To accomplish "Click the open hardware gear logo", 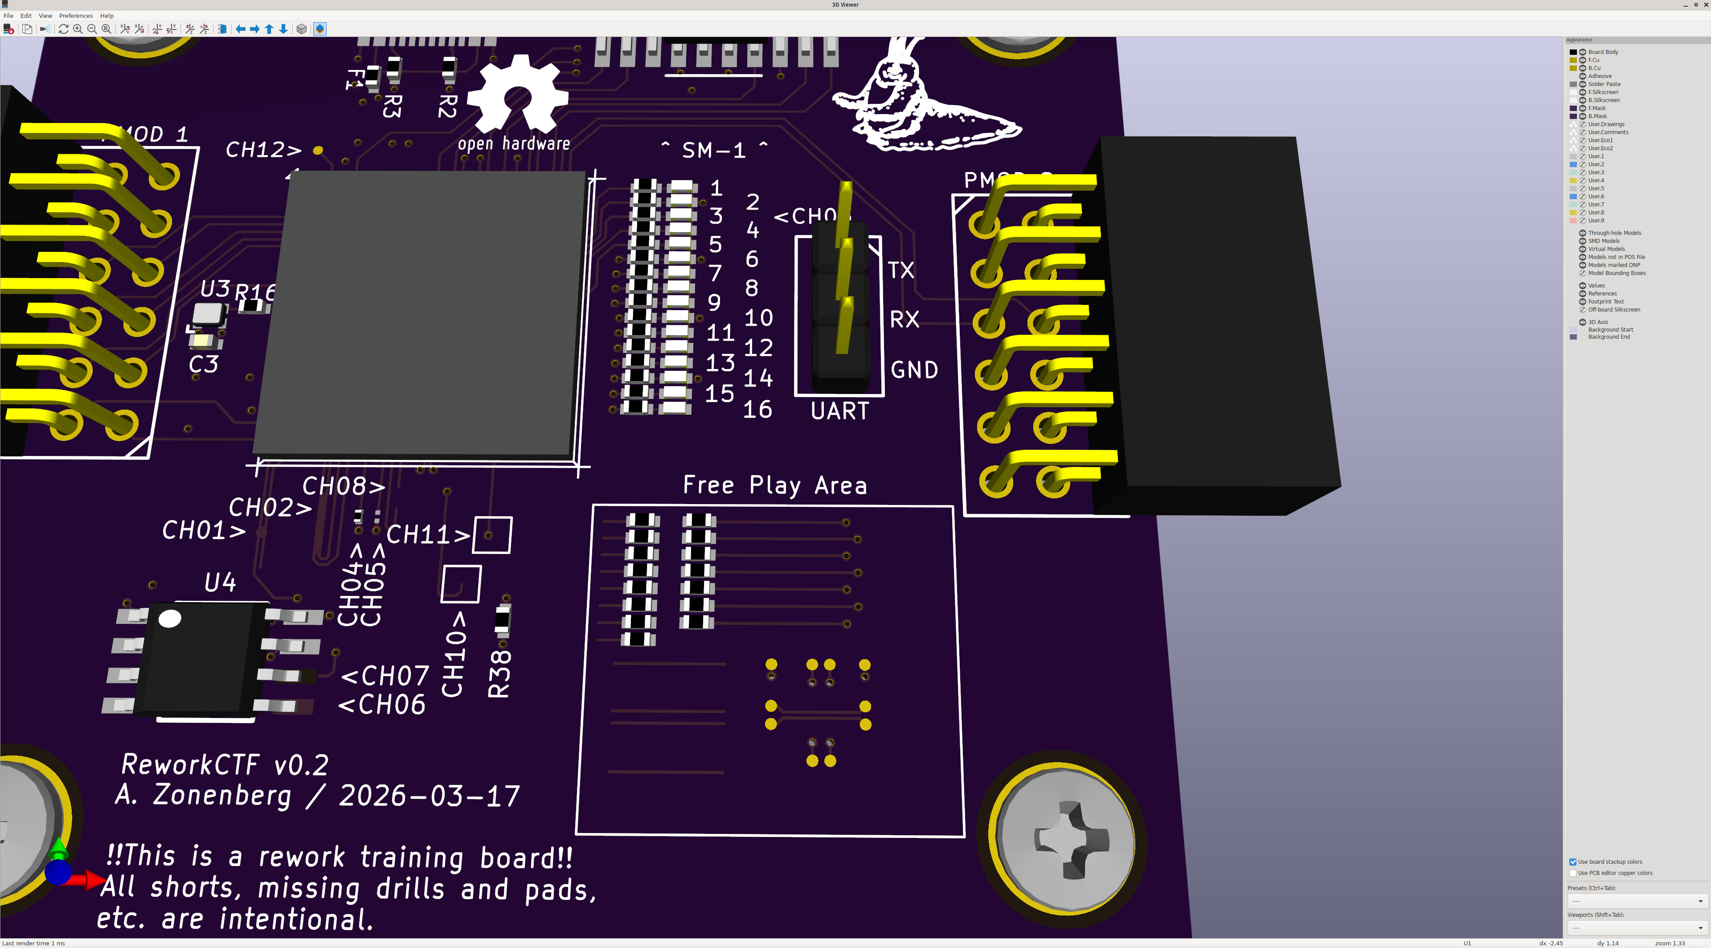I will pos(517,96).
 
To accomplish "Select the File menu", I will pos(8,15).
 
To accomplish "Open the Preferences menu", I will pos(76,15).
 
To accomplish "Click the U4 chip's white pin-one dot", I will pos(170,619).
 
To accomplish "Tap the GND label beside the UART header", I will pos(914,370).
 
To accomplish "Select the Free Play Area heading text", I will pos(774,486).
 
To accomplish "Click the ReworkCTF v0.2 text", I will pos(225,765).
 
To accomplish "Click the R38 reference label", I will pos(499,673).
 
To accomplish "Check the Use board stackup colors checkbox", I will pos(1573,862).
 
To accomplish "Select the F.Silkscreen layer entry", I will pos(1603,92).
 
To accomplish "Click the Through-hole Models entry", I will pos(1614,233).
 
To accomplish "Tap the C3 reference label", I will pos(203,365).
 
